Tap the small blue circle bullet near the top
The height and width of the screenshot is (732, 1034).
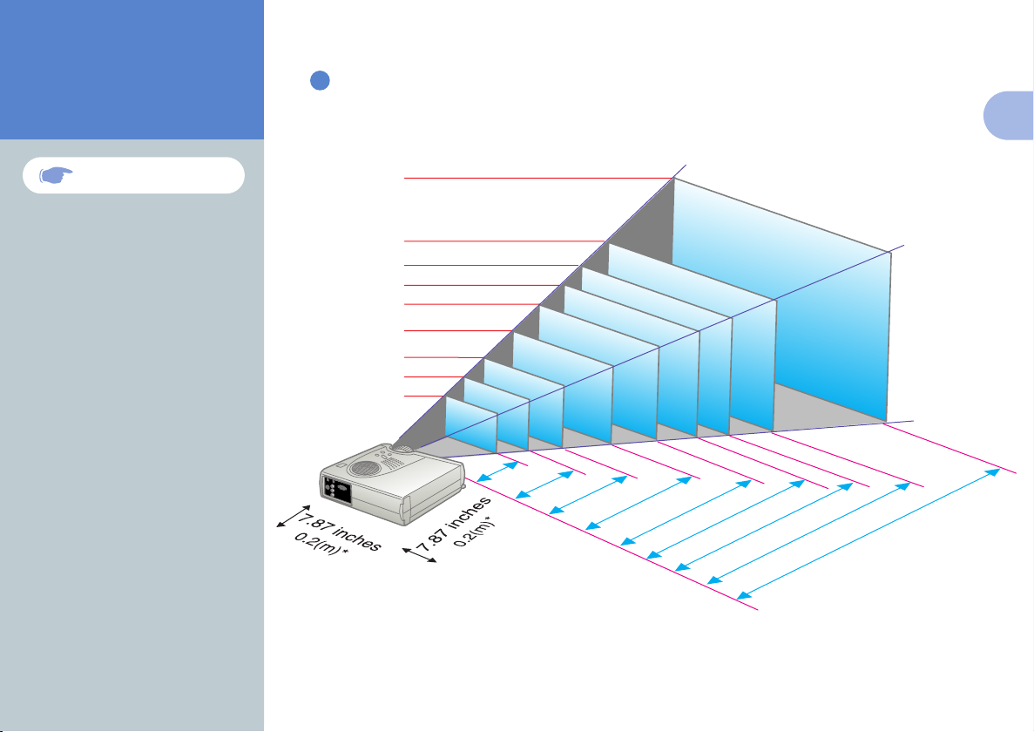click(319, 81)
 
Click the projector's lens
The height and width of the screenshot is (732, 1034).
click(403, 450)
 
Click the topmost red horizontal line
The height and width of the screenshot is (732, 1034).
click(536, 178)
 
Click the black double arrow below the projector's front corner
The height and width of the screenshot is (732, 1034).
click(421, 556)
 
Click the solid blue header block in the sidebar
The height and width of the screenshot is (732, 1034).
click(132, 70)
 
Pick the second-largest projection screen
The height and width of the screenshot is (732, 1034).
click(693, 340)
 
